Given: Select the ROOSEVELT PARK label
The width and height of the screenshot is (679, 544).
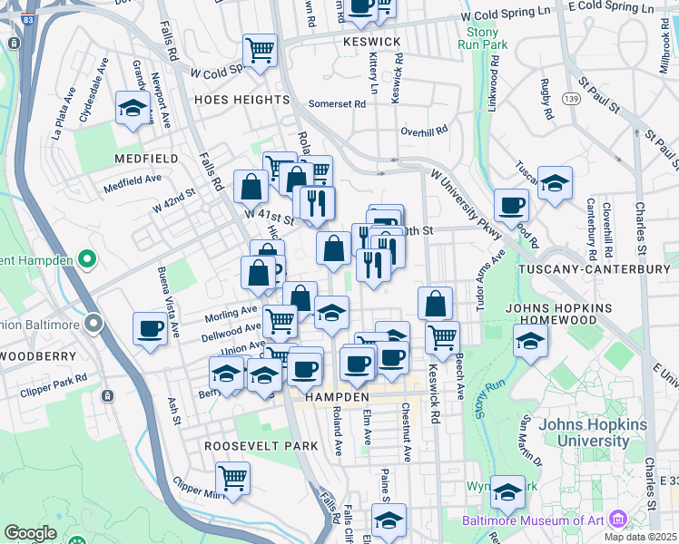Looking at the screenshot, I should point(261,446).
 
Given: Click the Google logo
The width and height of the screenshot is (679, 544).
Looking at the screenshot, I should point(30,533).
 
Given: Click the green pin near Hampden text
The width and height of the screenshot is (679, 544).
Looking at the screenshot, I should point(87,260).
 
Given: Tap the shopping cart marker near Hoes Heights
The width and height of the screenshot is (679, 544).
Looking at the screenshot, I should point(260,51).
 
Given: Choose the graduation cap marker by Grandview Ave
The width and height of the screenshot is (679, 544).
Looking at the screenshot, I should point(133,109).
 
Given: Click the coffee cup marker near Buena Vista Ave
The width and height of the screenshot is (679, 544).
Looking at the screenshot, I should point(150,328).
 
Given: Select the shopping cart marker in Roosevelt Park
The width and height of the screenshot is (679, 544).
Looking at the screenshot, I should point(233,478).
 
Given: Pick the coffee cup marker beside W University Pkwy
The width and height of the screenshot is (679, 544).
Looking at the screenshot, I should point(510,206).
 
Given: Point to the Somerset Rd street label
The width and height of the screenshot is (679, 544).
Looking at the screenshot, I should point(337,104).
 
